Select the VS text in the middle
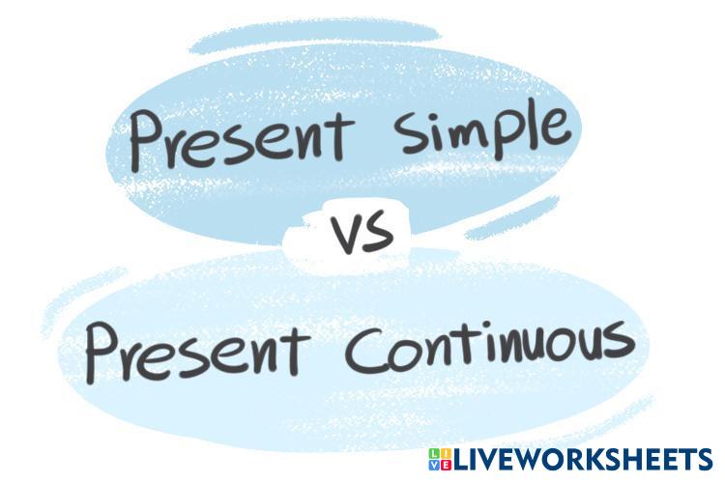click(x=362, y=236)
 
